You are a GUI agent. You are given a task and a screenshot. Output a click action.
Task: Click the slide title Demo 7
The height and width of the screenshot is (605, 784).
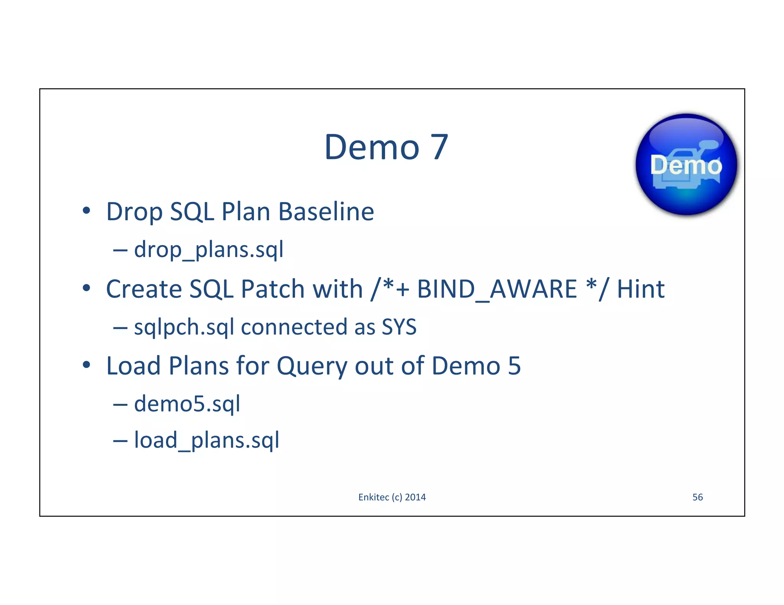pos(386,147)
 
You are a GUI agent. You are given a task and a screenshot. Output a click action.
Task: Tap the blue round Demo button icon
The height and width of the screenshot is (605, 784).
pos(686,165)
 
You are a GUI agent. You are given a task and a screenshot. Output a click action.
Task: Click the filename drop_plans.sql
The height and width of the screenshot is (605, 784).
pos(209,250)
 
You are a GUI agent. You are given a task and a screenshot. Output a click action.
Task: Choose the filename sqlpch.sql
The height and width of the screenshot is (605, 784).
pos(184,327)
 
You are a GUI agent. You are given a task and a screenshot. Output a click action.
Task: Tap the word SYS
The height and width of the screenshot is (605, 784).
pos(399,327)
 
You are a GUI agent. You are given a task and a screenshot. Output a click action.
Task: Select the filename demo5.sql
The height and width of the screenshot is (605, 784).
pos(187,404)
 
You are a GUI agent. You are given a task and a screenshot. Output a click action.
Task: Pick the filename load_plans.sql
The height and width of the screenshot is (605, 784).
pos(207,440)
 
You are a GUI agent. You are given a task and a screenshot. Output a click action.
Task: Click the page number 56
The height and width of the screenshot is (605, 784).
pos(697,497)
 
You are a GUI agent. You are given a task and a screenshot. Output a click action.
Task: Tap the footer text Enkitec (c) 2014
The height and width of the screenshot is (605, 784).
pos(392,497)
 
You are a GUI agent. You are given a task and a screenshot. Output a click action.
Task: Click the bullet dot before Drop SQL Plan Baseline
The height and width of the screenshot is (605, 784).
pos(87,211)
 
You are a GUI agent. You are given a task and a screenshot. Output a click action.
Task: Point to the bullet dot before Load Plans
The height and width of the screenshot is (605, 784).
pos(87,365)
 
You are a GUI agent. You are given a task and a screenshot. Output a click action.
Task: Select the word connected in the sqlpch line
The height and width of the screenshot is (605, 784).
pos(294,327)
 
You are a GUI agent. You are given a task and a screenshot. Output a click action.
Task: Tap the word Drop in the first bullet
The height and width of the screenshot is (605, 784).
pos(134,212)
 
